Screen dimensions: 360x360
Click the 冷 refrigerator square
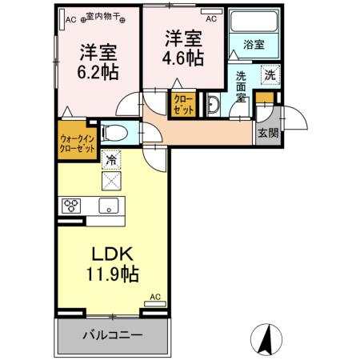(110, 160)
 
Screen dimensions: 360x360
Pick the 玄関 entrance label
(267, 134)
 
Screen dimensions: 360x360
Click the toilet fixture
(114, 132)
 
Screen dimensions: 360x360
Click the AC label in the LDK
(154, 298)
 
